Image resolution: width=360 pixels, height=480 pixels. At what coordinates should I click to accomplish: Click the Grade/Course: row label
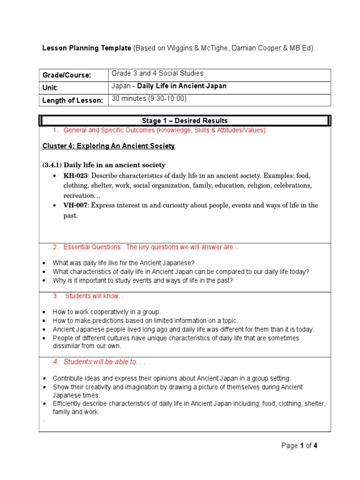(x=67, y=75)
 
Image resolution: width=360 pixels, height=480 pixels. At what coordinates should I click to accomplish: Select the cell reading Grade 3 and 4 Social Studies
(x=157, y=73)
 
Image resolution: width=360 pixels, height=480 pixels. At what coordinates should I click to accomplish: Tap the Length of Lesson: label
(x=73, y=100)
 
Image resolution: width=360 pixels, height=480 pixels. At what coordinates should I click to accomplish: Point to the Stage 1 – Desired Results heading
(x=185, y=121)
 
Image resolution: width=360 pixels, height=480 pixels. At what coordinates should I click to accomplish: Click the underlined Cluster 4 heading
(x=108, y=146)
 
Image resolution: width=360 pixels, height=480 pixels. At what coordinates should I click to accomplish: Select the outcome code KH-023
(x=76, y=176)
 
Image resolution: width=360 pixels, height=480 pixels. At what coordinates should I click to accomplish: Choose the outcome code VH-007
(x=76, y=205)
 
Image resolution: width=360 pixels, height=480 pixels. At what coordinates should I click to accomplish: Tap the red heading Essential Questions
(x=93, y=247)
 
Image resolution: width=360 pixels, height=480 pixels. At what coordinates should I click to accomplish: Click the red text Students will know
(x=96, y=296)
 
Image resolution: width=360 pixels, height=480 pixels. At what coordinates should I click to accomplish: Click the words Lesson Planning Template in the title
(x=87, y=48)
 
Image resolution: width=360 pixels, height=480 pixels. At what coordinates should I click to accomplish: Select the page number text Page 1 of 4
(x=300, y=446)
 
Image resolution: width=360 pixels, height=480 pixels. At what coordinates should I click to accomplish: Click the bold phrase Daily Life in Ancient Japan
(x=182, y=86)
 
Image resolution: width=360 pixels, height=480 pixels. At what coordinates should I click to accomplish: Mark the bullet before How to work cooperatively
(x=45, y=312)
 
